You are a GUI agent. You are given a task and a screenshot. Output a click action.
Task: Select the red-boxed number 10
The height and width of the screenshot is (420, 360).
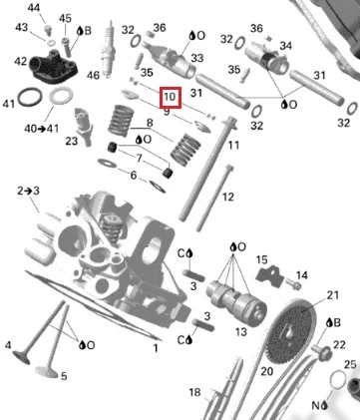click(x=171, y=98)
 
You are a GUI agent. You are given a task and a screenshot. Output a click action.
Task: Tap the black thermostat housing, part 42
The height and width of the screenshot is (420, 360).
click(x=54, y=66)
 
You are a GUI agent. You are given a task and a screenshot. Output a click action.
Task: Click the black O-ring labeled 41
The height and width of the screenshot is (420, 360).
click(x=30, y=97)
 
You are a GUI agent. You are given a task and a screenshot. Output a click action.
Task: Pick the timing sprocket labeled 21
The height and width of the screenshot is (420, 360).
click(x=291, y=332)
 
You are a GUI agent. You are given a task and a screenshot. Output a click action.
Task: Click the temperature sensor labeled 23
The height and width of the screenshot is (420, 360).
click(x=84, y=127)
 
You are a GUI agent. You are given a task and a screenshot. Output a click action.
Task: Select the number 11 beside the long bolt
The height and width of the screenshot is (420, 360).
click(x=233, y=146)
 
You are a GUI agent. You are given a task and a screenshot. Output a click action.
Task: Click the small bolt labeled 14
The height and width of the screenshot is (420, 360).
click(x=294, y=284)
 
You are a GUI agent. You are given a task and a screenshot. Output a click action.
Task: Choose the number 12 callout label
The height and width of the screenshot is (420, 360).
click(x=227, y=197)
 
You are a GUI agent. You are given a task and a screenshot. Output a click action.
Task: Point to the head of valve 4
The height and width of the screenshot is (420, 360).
click(x=21, y=357)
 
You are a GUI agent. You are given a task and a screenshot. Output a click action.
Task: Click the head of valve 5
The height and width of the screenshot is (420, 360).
click(x=47, y=371)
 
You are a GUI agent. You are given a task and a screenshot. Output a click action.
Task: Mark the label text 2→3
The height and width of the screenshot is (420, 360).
click(x=28, y=192)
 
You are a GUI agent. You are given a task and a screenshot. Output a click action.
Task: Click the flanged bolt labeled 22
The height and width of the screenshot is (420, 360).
click(x=321, y=352)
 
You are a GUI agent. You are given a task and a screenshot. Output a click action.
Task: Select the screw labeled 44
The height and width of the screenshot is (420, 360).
click(x=49, y=30)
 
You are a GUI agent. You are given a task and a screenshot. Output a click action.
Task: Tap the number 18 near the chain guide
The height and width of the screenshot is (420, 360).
click(x=194, y=392)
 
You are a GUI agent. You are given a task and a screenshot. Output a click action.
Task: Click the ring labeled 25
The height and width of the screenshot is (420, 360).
click(x=338, y=379)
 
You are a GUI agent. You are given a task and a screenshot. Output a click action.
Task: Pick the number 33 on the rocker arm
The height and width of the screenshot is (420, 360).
click(x=196, y=58)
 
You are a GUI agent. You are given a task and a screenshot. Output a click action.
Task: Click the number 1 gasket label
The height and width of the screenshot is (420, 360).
click(x=156, y=348)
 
